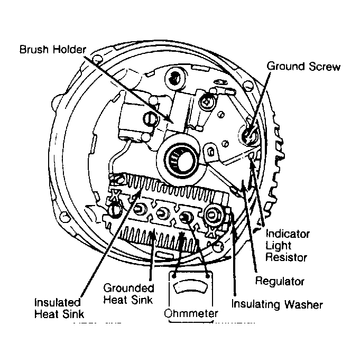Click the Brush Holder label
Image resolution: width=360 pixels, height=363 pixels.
[x=52, y=50]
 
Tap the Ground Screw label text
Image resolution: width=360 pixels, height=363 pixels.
[x=303, y=66]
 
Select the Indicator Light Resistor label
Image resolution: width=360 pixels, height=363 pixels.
[x=287, y=245]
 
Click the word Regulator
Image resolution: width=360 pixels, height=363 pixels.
[x=280, y=282]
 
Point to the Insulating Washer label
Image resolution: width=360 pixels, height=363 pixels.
[x=277, y=304]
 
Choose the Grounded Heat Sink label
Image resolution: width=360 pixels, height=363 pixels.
[x=128, y=294]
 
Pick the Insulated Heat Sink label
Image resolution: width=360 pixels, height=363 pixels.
[x=59, y=308]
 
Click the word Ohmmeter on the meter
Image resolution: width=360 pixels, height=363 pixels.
[x=191, y=313]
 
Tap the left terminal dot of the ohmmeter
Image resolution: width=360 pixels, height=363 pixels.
[x=174, y=276]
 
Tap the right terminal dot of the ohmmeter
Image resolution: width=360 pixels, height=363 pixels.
[x=208, y=276]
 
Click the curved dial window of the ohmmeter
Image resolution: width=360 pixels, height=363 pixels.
[x=190, y=286]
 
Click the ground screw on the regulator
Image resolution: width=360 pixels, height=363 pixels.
[x=248, y=134]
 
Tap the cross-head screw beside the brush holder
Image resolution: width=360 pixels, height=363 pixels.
[x=206, y=101]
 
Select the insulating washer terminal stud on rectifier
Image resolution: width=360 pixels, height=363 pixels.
[x=212, y=215]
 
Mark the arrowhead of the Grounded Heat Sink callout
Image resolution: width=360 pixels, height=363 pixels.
[x=152, y=232]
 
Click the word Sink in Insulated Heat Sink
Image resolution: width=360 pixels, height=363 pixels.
[x=73, y=314]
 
